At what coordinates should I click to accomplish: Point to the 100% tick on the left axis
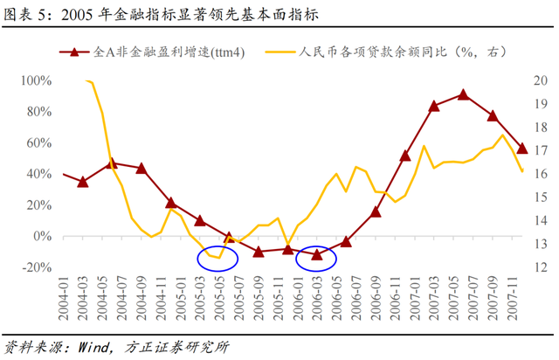(36, 80)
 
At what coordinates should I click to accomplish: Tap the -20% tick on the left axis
(36, 267)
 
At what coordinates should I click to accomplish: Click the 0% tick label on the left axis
(42, 236)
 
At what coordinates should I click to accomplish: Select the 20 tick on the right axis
(539, 80)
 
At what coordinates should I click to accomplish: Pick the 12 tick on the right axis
(539, 267)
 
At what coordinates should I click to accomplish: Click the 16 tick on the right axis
(539, 174)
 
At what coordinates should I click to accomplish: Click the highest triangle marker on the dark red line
(463, 94)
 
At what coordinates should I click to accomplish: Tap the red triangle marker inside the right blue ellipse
(317, 254)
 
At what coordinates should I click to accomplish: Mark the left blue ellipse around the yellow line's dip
(217, 257)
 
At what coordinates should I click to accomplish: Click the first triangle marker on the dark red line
(83, 182)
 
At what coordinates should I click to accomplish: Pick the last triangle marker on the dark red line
(522, 149)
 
